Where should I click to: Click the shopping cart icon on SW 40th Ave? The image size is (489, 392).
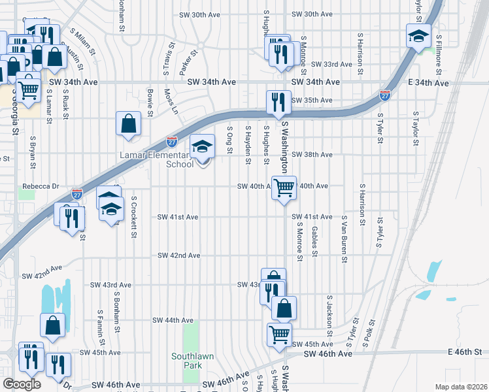[x=284, y=188]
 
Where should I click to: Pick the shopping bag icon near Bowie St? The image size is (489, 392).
[x=129, y=123]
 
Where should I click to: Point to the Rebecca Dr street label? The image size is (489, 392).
[x=41, y=186]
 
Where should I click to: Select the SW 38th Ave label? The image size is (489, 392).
[x=312, y=155]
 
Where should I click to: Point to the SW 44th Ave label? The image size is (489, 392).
[x=173, y=320]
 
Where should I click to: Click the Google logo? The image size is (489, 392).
[x=21, y=384]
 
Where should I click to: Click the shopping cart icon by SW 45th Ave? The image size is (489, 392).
[x=279, y=335]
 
